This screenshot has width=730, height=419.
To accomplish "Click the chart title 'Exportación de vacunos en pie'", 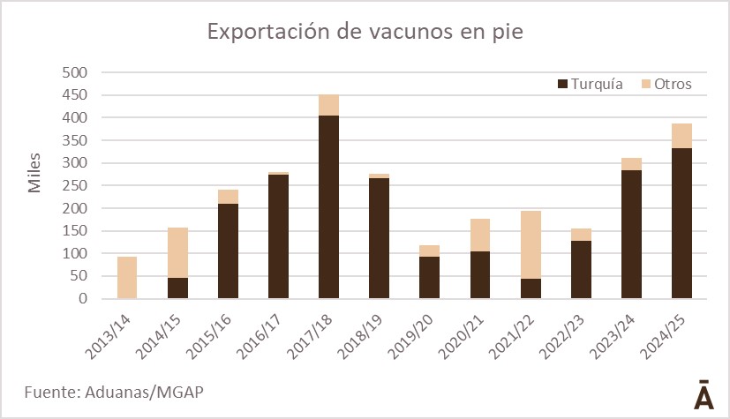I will [365, 33].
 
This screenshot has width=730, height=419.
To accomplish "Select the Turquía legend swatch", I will [562, 84].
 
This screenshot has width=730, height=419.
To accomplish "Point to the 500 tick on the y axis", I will [77, 72].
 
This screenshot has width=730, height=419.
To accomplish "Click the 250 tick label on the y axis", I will [77, 185].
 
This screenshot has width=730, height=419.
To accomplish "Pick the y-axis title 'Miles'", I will [34, 176].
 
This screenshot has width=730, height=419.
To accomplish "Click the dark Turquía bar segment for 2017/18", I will [328, 207].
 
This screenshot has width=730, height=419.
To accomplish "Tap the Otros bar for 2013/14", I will [126, 278].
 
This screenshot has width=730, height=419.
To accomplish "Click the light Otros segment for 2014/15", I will [177, 252].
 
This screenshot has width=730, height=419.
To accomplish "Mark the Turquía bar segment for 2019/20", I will [430, 278].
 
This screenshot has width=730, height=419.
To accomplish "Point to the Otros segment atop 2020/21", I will [480, 235].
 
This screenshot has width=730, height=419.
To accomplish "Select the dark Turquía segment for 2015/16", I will [228, 251].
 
